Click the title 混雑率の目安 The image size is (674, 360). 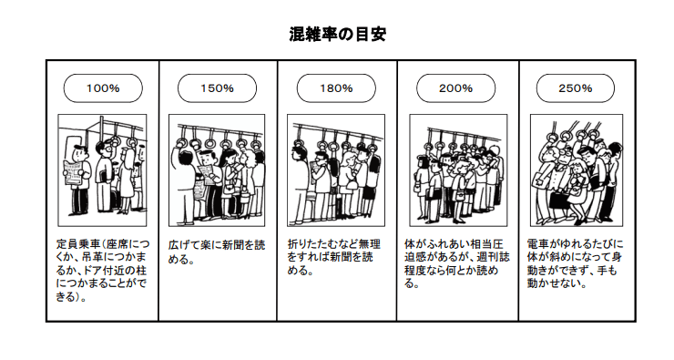coord(336,35)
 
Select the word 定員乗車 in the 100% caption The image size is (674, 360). coord(77,245)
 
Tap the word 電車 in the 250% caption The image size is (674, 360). coord(537,245)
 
